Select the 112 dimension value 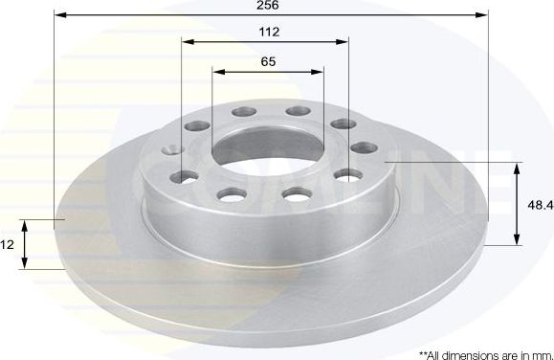[x=269, y=32]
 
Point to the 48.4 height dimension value [x=541, y=205]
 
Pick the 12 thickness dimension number [x=7, y=245]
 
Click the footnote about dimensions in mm [x=485, y=353]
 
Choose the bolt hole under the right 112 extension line [x=340, y=124]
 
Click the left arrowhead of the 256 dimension [x=57, y=15]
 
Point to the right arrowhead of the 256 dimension [x=482, y=15]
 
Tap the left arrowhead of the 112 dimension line [x=188, y=42]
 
